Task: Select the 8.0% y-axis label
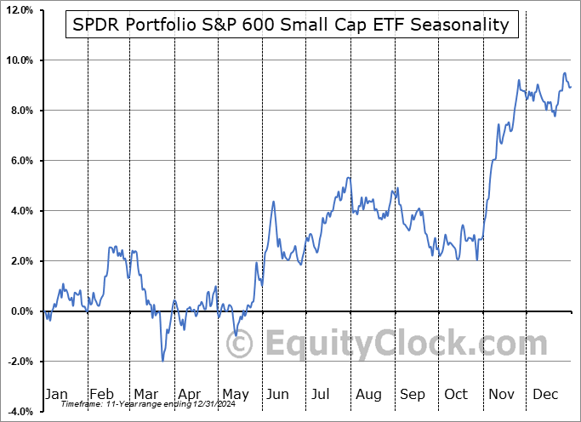(20, 111)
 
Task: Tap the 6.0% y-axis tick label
(20, 161)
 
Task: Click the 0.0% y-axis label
(20, 311)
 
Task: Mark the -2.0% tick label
(20, 362)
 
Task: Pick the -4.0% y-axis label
(20, 412)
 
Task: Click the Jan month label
(56, 394)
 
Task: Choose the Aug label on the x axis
(368, 394)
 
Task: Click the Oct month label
(457, 394)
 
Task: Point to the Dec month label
(546, 394)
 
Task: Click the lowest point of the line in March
(162, 361)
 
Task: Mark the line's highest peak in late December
(564, 73)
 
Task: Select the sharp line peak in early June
(273, 202)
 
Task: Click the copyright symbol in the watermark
(242, 345)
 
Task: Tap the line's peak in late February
(111, 247)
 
